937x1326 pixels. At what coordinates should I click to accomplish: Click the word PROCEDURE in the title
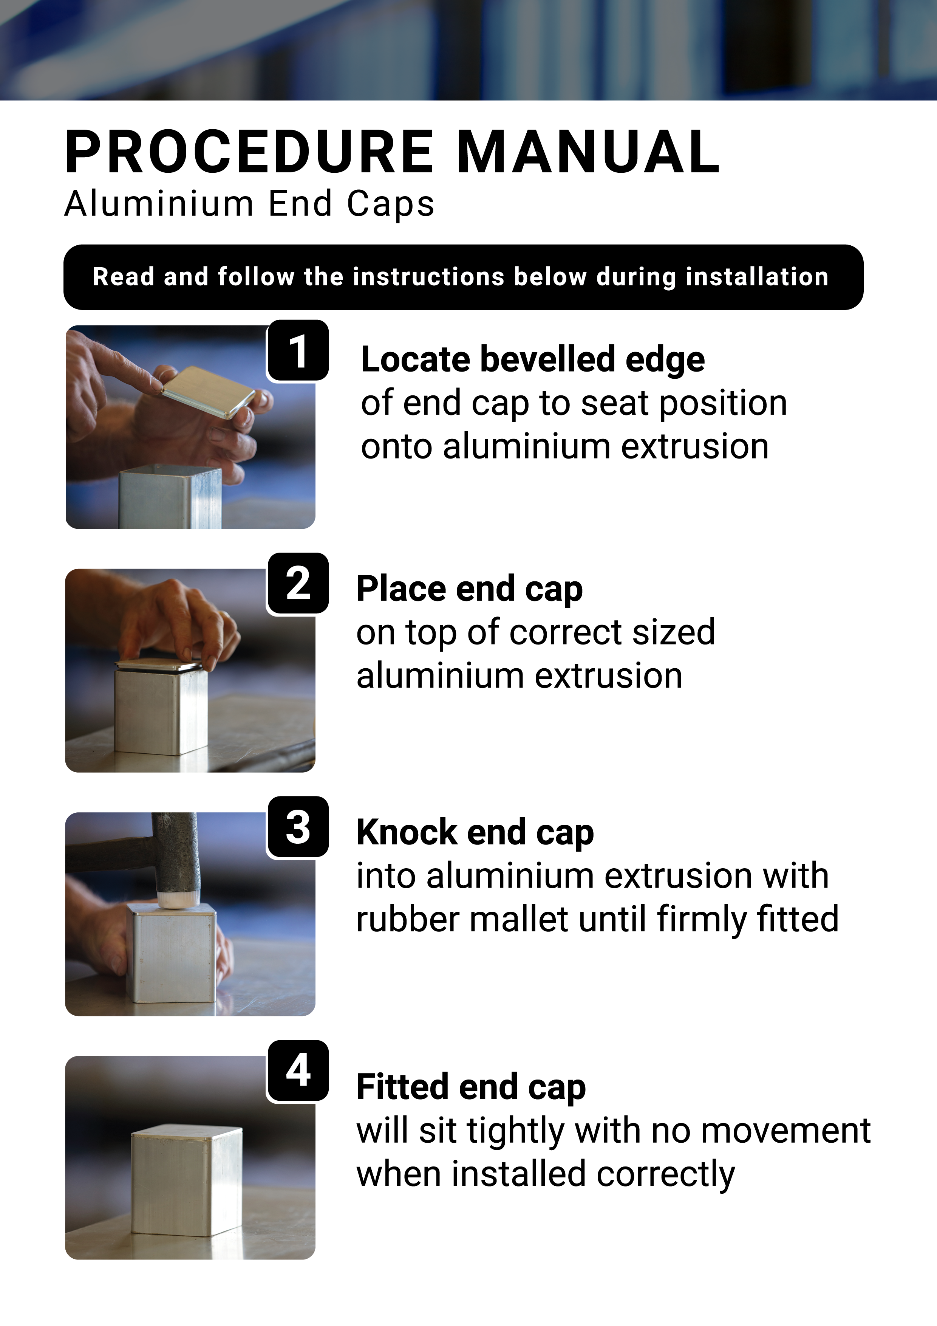point(249,152)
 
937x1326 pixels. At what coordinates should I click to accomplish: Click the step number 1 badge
point(298,350)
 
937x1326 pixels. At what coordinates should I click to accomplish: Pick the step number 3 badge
point(298,827)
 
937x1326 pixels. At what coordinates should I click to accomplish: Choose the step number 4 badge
point(298,1071)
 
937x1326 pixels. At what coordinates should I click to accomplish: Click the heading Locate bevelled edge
point(533,360)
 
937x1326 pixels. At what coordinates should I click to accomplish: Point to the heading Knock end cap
point(475,833)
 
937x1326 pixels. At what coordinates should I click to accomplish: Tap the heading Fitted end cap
point(471,1087)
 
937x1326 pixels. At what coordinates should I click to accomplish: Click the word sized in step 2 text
point(674,632)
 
